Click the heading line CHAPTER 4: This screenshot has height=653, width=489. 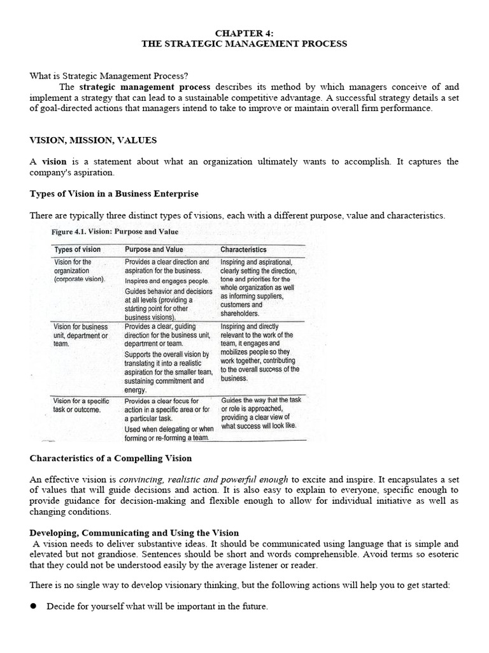point(244,33)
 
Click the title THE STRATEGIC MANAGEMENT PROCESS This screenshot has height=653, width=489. point(244,43)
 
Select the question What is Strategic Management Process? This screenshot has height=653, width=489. point(109,76)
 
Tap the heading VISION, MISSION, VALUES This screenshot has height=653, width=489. point(93,140)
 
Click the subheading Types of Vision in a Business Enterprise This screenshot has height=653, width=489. point(114,193)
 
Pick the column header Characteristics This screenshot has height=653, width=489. point(243,249)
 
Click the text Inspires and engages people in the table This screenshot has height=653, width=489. point(167,281)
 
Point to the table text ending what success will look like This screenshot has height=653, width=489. point(259,425)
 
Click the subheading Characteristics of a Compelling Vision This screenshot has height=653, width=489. point(111,458)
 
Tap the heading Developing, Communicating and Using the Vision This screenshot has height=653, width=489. point(134,532)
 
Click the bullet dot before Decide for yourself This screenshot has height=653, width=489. point(34,606)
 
